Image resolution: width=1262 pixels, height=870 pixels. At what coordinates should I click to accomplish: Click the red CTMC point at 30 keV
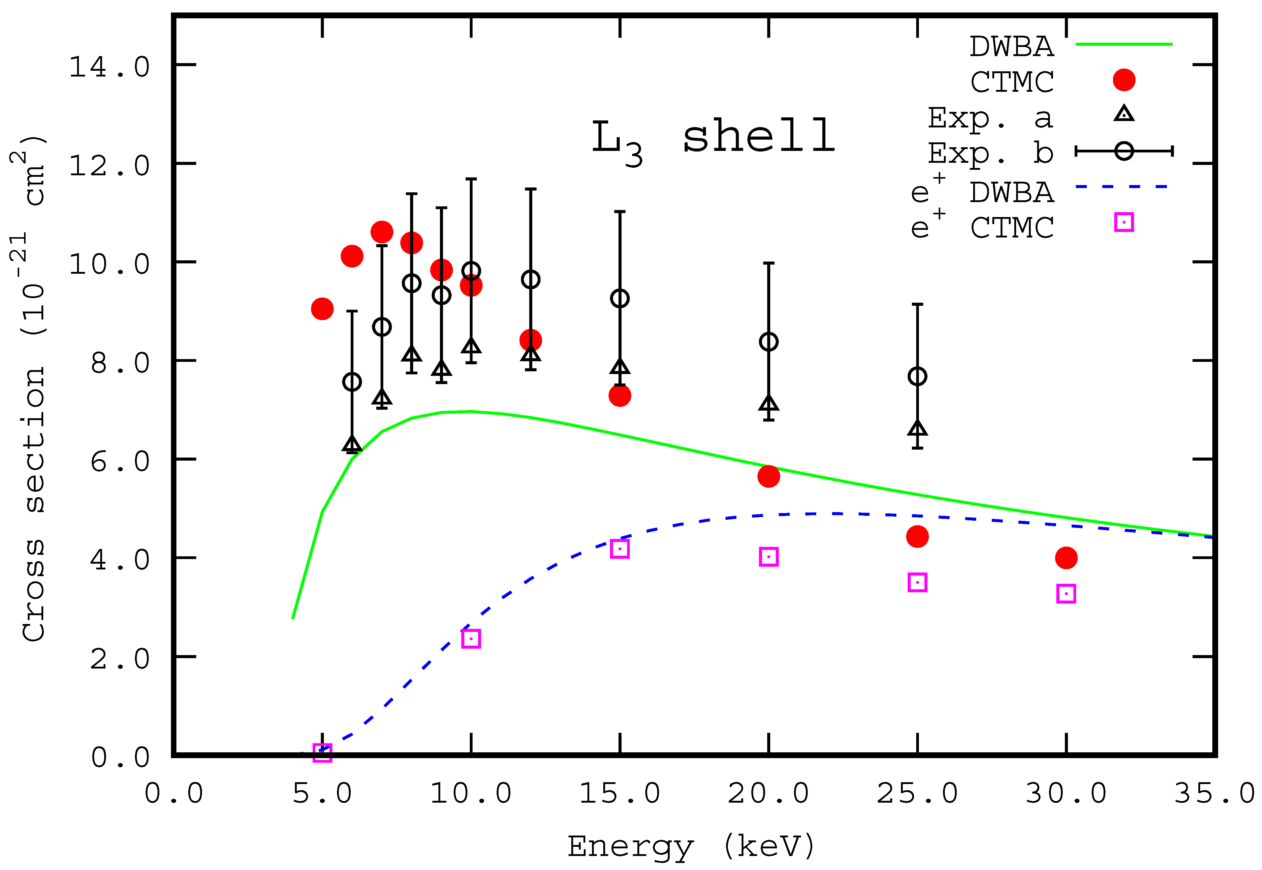(x=1066, y=558)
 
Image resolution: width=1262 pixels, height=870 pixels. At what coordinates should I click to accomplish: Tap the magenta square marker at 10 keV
(x=471, y=638)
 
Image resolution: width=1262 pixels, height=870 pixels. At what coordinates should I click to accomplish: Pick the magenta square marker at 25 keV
(x=918, y=582)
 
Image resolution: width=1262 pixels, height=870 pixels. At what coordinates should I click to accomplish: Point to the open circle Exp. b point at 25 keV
(x=918, y=376)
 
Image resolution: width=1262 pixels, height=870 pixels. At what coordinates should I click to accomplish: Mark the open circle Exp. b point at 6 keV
(x=352, y=382)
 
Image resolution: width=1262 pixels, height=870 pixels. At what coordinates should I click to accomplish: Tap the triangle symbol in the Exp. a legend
(x=1124, y=114)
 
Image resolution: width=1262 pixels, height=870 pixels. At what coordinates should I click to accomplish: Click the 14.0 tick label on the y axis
(x=109, y=68)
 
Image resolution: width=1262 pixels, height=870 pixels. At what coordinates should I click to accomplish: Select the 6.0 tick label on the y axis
(x=120, y=462)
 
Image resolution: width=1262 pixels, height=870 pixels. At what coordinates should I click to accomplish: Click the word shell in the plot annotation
(x=758, y=136)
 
